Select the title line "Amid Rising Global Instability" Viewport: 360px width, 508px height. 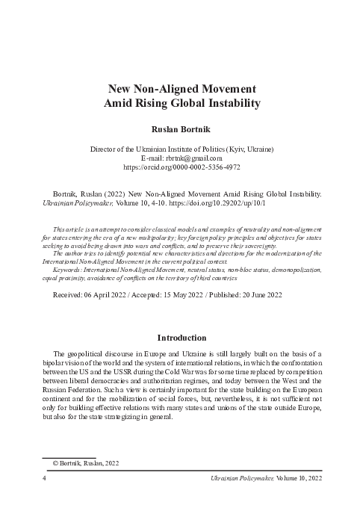183,103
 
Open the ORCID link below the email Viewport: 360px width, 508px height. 183,168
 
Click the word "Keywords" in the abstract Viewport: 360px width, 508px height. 70,269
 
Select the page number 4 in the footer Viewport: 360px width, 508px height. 46,477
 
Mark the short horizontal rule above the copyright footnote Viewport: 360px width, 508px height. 69,456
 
